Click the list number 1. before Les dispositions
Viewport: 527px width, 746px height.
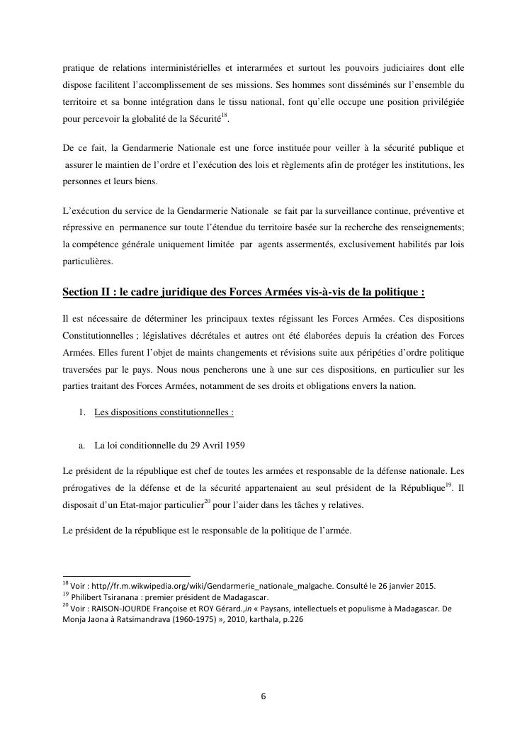81,412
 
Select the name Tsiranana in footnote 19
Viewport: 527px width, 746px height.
129,596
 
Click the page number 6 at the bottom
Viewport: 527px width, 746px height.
263,696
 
